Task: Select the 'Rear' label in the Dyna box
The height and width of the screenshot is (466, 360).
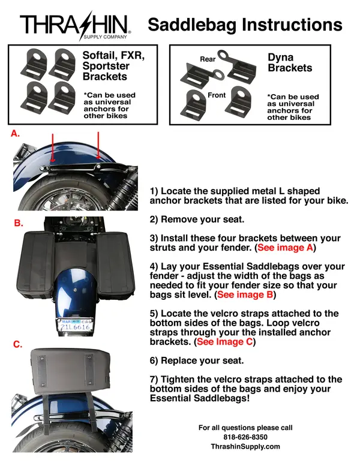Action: coord(208,59)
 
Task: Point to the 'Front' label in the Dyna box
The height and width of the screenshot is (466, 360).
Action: coord(217,95)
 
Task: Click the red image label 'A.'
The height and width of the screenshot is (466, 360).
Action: coord(16,135)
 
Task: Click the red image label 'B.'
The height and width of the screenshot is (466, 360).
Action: coord(19,223)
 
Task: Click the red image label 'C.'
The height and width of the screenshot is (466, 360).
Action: coord(19,344)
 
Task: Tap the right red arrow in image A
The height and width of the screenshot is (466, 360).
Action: coord(98,147)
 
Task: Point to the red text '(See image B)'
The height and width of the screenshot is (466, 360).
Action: coord(245,295)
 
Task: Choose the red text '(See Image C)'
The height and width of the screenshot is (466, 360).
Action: coord(225,342)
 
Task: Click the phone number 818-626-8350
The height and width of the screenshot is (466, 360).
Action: coord(245,437)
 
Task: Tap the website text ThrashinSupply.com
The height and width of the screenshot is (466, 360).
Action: coord(245,447)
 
